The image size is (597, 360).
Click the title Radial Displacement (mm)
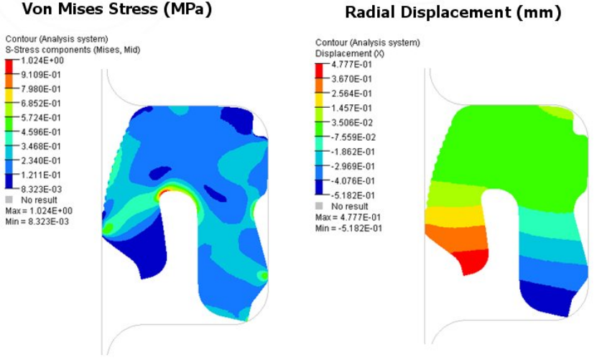tap(453, 13)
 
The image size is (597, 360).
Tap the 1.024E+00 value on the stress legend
tap(40, 61)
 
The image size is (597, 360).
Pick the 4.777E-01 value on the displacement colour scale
tap(351, 65)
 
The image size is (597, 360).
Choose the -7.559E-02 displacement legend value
tap(351, 137)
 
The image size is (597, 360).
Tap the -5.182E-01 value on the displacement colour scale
tap(351, 195)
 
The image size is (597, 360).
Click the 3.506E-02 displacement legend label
tap(351, 122)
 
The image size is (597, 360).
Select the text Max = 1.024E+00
tap(37, 211)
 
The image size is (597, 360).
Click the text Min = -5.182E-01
tap(348, 228)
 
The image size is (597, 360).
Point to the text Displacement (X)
tap(345, 54)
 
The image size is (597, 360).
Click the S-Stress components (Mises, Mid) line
tap(72, 50)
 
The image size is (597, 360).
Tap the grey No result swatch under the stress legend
tap(9, 199)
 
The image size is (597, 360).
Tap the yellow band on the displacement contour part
tap(449, 213)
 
